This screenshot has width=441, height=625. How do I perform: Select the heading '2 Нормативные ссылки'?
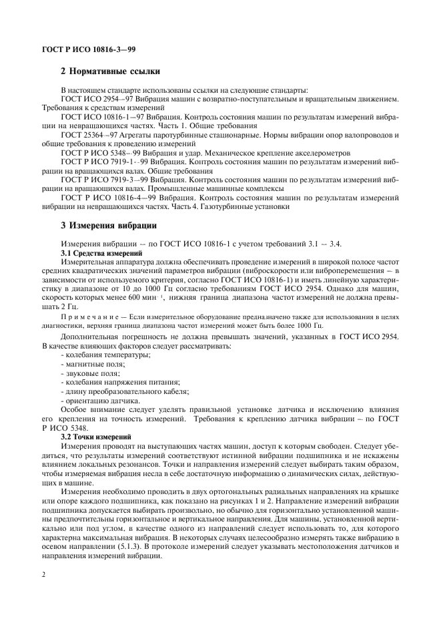[x=109, y=71]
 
